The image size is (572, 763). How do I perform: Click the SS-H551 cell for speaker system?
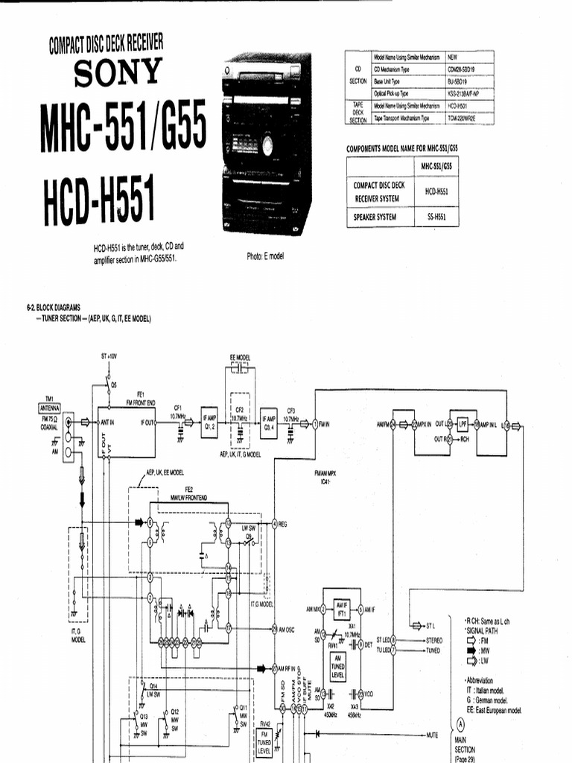click(x=430, y=217)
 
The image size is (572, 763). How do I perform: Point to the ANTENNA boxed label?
click(x=52, y=408)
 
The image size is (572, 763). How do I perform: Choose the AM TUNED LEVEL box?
click(x=337, y=663)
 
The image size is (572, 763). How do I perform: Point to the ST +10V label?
click(x=109, y=357)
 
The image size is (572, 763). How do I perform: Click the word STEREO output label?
click(x=434, y=639)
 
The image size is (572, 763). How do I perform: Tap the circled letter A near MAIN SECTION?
click(x=461, y=723)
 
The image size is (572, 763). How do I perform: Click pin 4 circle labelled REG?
click(x=275, y=525)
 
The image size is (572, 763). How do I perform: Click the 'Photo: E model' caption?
click(x=265, y=256)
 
